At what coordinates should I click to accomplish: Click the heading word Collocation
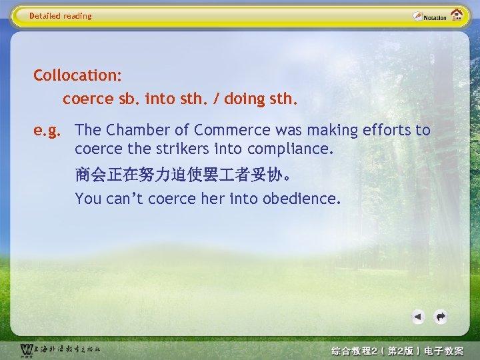tap(77, 75)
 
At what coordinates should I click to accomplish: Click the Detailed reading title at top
tap(61, 16)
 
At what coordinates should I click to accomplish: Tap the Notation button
tap(429, 16)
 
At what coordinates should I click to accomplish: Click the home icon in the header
tap(457, 15)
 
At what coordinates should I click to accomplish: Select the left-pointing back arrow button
tap(418, 317)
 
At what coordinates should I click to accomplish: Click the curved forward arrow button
tap(440, 317)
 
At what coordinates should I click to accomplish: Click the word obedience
tap(301, 198)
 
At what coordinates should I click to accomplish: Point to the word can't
tap(125, 198)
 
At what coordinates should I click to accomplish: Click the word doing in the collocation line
tap(245, 99)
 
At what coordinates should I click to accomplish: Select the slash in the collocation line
tap(215, 99)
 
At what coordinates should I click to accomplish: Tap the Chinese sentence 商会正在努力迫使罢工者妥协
tap(181, 175)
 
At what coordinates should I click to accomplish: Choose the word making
tap(328, 130)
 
